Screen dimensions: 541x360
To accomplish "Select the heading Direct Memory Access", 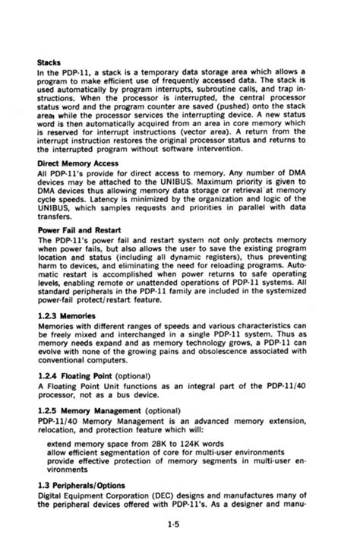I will [78, 163].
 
